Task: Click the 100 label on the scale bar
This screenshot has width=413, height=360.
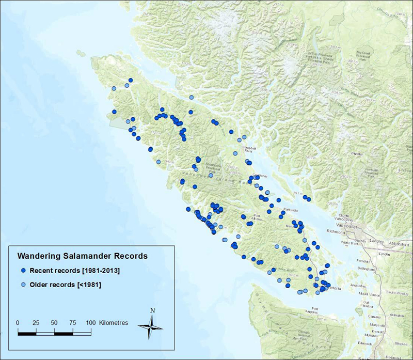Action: coord(90,322)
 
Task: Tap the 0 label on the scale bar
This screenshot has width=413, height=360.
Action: coord(18,322)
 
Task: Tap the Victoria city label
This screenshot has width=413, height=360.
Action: coord(333,288)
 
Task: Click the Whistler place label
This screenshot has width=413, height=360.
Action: coord(357,154)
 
